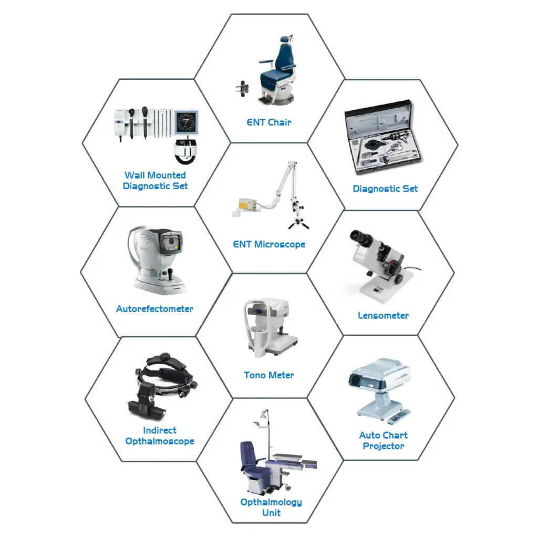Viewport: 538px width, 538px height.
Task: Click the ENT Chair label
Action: (269, 122)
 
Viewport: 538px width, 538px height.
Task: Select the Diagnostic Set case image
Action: (383, 137)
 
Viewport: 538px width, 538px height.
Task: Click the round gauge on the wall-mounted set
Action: (187, 122)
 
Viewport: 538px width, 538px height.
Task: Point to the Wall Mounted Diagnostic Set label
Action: (155, 181)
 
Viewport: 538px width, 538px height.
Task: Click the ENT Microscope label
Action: (269, 244)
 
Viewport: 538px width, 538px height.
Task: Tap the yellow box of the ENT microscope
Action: (247, 204)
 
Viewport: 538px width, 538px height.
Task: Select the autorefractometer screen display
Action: (171, 243)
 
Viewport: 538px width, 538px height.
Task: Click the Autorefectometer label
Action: (155, 309)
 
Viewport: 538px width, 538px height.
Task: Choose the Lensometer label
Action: (383, 316)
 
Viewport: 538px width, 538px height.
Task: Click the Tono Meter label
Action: (269, 375)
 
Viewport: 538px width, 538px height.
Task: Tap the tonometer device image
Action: (271, 328)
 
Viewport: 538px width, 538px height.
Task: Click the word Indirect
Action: (160, 430)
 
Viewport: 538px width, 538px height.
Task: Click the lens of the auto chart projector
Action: (355, 380)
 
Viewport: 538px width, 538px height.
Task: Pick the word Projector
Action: (384, 446)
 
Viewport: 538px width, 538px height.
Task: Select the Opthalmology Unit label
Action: (271, 507)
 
